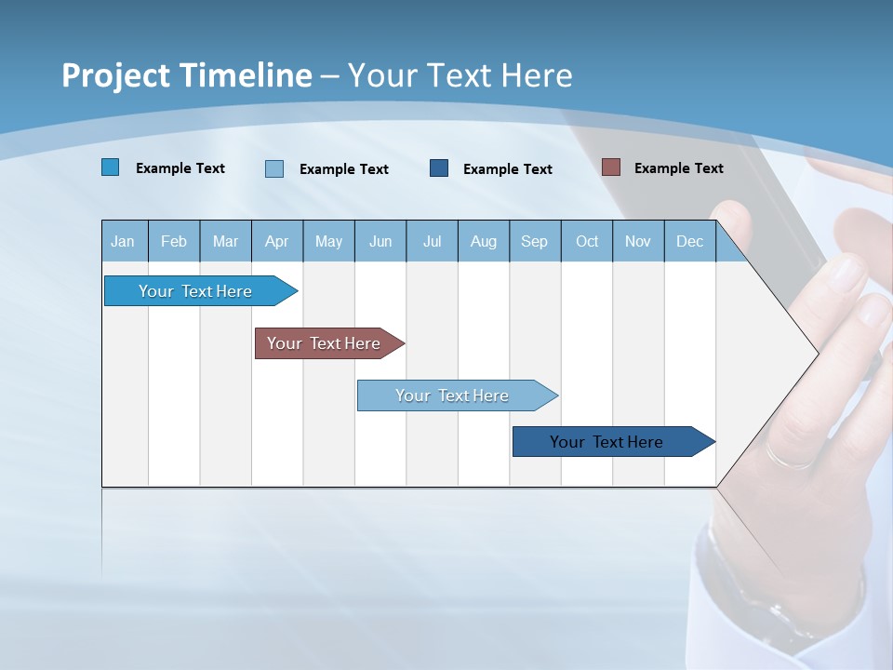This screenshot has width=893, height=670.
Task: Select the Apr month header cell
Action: coord(277,241)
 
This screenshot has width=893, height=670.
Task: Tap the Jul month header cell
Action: coord(432,241)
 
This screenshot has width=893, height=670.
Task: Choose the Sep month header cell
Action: coord(535,241)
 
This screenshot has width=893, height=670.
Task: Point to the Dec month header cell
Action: coord(689,241)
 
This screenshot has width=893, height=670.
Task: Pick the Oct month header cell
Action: coord(587,241)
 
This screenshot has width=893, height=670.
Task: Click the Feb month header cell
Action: coord(174,241)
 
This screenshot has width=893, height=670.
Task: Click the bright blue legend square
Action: coord(111,167)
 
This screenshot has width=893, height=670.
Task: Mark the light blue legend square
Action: coord(274,168)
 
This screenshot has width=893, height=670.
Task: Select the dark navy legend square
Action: coord(439,168)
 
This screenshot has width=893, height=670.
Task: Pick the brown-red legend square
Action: coord(611,167)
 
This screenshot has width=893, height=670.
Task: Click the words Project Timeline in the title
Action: coord(186,75)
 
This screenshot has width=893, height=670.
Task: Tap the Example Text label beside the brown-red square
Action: coord(678,168)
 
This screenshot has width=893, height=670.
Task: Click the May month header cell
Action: coord(328,241)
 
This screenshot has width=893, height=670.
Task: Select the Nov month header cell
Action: coord(638,241)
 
